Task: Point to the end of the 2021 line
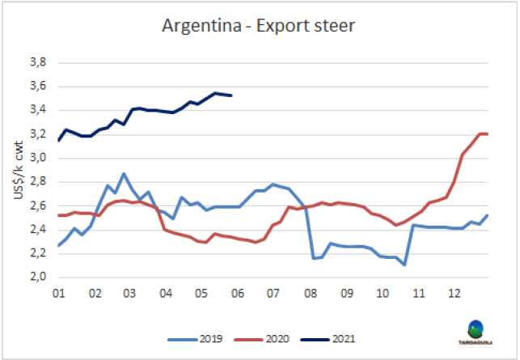pos(232,95)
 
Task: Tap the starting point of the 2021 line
pos(58,140)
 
